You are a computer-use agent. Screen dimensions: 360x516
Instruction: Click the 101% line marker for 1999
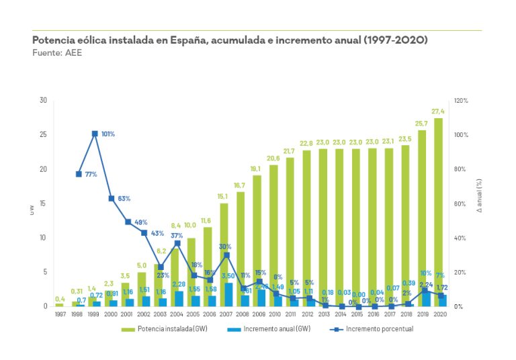click(95, 134)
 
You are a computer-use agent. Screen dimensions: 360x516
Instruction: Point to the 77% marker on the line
click(79, 174)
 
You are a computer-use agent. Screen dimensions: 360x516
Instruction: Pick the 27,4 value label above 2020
click(439, 111)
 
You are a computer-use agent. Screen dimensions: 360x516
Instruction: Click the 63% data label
click(124, 199)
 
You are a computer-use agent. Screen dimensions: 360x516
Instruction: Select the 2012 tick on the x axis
click(308, 314)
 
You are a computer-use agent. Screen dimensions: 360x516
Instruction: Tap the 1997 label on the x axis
click(60, 314)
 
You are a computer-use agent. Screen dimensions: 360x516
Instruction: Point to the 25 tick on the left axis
click(44, 135)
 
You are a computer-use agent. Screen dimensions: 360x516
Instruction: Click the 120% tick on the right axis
click(462, 101)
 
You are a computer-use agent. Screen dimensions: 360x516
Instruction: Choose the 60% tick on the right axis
click(460, 204)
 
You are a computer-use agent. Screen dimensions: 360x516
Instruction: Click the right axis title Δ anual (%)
click(478, 202)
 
